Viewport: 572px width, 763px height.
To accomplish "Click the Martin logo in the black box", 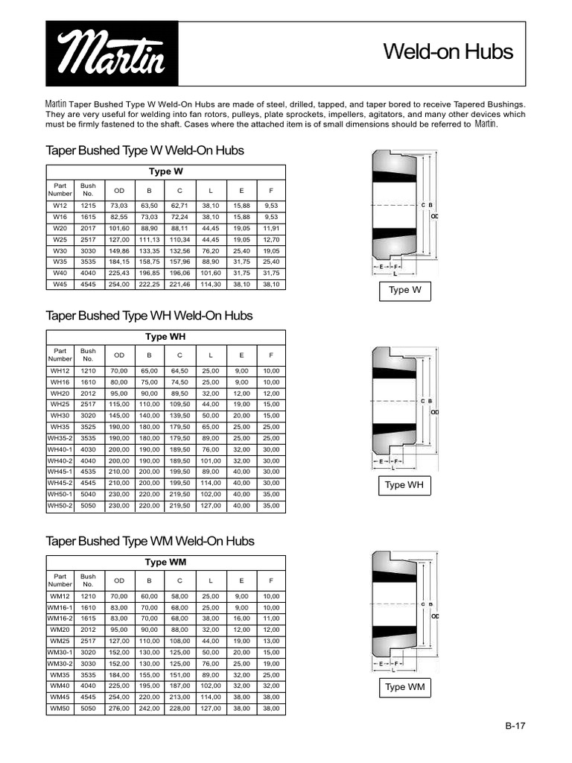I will pos(112,54).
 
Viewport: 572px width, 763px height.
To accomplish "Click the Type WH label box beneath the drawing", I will pos(405,485).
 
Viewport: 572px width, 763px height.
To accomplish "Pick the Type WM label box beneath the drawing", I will pos(405,687).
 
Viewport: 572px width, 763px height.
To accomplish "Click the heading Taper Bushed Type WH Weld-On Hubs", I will pos(149,316).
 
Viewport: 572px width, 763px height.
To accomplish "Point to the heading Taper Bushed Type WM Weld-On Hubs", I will pos(150,541).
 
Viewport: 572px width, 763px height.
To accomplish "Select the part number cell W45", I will pos(60,284).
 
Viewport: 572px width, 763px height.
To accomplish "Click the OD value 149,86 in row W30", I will pos(119,250).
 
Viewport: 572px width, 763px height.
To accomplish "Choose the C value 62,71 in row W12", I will pos(179,204).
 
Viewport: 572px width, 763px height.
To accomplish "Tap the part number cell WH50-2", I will pos(60,505).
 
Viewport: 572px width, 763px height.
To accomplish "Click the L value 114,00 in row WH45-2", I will pos(210,483).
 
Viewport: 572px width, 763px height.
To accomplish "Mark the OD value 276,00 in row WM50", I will pos(119,708).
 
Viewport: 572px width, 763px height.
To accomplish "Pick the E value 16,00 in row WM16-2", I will pos(241,618).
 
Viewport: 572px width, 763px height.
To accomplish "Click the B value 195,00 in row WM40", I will pos(149,686).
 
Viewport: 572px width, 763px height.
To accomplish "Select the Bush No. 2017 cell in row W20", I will pos(88,228).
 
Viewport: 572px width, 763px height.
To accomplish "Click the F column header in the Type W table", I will pos(271,189).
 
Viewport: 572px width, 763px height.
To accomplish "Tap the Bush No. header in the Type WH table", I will pos(88,355).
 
